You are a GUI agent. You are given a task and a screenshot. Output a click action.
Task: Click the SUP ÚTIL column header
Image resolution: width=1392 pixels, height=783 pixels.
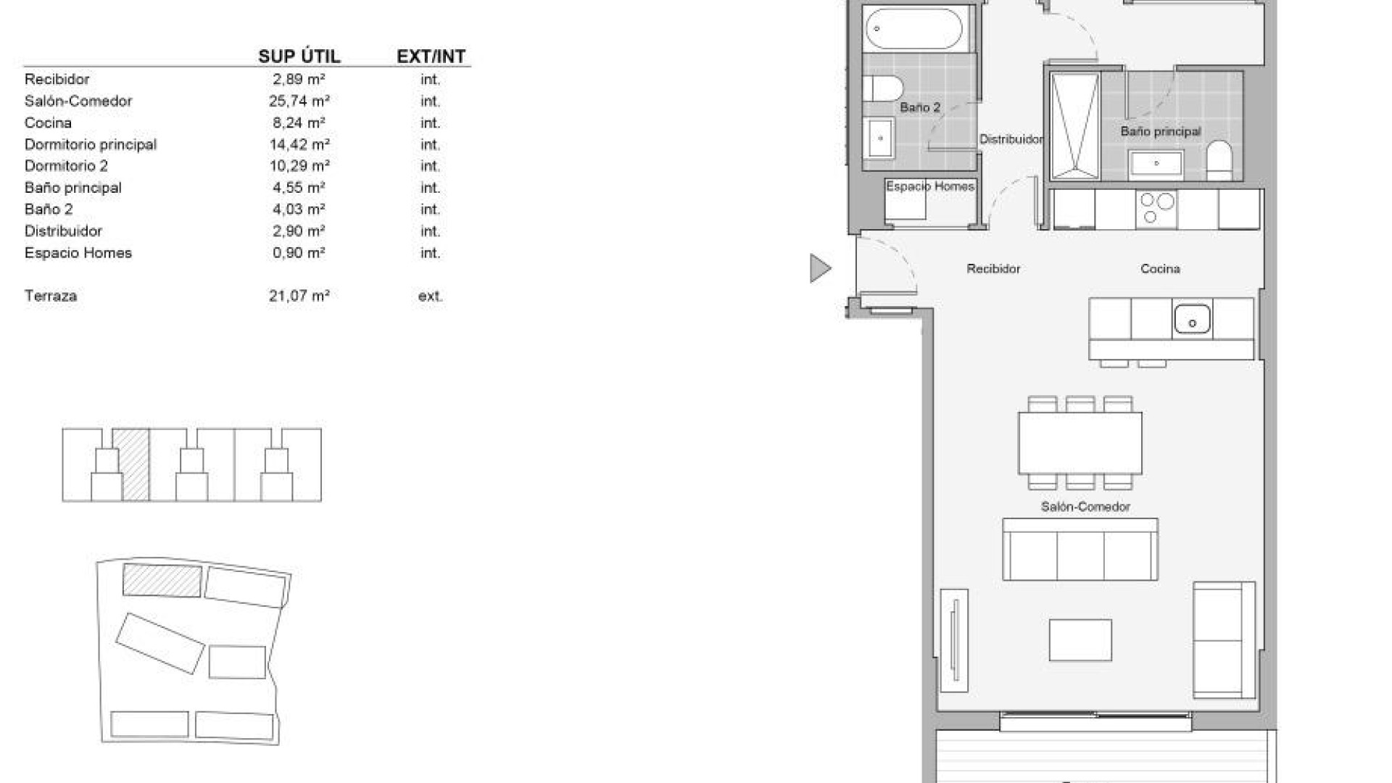[299, 56]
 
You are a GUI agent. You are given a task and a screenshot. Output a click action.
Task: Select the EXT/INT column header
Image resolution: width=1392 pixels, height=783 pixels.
[431, 56]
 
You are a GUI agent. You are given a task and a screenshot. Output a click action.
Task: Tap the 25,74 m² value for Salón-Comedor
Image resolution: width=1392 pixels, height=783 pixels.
[299, 101]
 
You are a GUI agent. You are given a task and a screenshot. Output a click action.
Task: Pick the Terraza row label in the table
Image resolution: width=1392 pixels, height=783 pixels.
[51, 296]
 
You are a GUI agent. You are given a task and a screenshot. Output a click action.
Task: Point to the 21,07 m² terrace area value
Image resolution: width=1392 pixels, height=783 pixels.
[299, 296]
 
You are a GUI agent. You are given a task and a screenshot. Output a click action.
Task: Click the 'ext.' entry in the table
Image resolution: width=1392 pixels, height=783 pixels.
[430, 296]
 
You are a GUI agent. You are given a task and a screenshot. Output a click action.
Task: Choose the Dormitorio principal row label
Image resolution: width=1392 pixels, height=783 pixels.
[91, 144]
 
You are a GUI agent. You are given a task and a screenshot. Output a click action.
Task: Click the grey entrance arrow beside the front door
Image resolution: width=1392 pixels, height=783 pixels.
[819, 268]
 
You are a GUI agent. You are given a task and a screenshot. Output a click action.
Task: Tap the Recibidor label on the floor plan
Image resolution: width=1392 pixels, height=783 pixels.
[993, 269]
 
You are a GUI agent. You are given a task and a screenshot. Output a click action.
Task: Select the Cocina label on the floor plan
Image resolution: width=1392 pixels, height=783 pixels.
[1160, 269]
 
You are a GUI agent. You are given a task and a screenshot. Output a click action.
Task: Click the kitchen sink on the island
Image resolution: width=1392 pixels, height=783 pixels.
[1192, 319]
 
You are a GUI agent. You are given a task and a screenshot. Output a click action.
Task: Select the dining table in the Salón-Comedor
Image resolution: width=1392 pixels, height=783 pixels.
[1080, 443]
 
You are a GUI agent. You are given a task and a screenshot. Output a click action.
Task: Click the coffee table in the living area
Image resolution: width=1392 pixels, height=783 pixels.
[1080, 639]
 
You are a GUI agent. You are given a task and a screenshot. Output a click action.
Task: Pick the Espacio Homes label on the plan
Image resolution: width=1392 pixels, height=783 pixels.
[929, 186]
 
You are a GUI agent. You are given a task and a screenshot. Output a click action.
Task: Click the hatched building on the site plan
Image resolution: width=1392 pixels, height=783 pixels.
[162, 581]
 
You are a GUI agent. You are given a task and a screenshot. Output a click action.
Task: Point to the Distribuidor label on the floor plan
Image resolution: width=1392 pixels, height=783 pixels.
[1011, 139]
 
